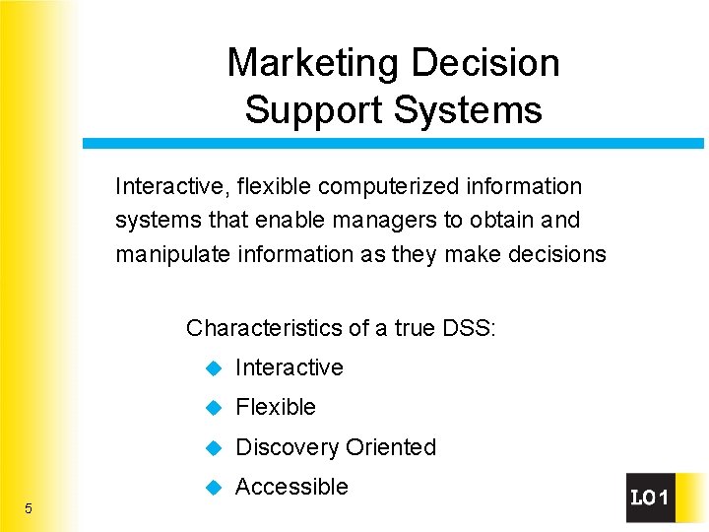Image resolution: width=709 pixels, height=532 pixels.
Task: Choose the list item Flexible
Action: click(276, 407)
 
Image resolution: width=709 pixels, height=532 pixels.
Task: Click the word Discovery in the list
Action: click(285, 447)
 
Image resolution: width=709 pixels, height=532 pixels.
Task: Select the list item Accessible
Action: click(291, 487)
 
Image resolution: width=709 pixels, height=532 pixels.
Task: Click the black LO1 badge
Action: click(650, 499)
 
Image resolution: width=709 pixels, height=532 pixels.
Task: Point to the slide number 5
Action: click(29, 508)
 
